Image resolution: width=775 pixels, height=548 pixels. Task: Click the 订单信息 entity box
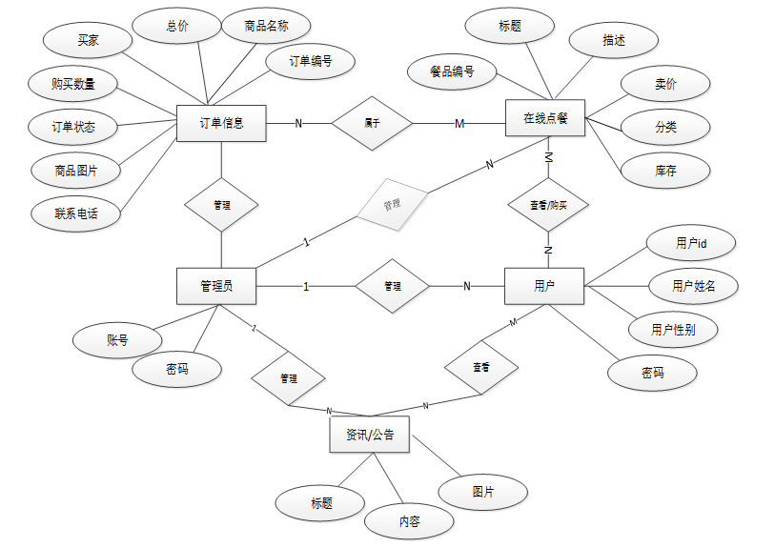221,122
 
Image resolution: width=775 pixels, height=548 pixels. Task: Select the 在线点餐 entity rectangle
545,118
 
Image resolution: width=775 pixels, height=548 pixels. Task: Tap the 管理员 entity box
216,286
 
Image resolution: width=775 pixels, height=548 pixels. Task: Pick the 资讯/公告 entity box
370,436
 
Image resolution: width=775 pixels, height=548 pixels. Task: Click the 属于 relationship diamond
372,123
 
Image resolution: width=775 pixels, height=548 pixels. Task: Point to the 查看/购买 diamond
547,204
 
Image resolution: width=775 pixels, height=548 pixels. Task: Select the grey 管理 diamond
392,204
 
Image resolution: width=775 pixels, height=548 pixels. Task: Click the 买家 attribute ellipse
88,41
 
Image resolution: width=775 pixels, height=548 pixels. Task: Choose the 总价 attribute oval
176,27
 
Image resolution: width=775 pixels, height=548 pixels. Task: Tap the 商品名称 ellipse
254,27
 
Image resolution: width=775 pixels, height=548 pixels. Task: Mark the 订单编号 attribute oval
311,62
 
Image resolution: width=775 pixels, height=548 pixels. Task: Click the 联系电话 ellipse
76,213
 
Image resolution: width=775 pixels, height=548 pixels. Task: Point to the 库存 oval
665,171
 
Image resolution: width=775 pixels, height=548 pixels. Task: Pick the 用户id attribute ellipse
691,244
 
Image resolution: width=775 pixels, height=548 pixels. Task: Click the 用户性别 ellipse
672,330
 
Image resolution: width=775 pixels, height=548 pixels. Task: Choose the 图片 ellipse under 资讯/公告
483,492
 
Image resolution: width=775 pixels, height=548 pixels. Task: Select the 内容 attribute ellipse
409,521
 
